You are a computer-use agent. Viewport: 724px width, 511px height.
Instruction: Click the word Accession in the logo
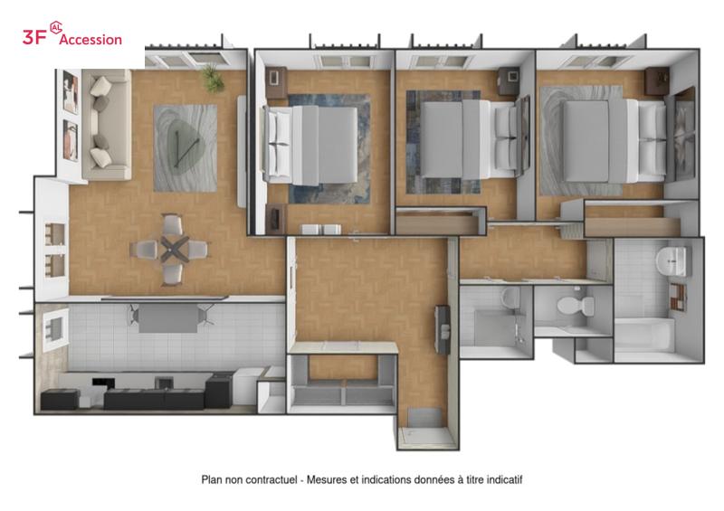[x=90, y=39]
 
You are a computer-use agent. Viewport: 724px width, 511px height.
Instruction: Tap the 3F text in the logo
[x=34, y=37]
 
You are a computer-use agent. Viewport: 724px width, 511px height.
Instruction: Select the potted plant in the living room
[x=213, y=78]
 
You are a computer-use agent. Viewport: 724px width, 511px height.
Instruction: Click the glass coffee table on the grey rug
[x=184, y=144]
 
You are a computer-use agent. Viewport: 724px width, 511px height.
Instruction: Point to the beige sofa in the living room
[x=107, y=125]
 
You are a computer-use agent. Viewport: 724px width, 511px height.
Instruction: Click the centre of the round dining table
[x=175, y=250]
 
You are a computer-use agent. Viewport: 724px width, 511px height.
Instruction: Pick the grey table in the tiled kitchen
[x=168, y=318]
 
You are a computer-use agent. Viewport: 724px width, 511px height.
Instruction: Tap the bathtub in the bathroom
[x=644, y=335]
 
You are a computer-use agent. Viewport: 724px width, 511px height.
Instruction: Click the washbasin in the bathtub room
[x=673, y=260]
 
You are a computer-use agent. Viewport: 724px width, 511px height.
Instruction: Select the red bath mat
[x=678, y=297]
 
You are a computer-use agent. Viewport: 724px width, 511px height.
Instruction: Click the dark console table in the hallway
[x=443, y=329]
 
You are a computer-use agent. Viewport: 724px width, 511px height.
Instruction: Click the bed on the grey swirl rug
[x=614, y=141]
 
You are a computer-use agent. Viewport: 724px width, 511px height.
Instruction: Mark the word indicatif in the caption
[x=504, y=480]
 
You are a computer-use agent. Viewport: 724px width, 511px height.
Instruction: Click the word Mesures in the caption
[x=327, y=480]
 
